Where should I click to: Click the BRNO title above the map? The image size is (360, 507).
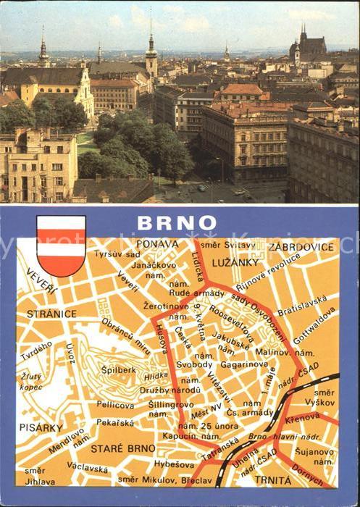click(185, 222)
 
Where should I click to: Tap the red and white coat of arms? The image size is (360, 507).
click(62, 246)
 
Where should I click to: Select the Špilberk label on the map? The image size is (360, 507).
click(118, 369)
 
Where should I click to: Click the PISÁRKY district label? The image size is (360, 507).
click(41, 427)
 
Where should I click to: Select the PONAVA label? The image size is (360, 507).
click(156, 244)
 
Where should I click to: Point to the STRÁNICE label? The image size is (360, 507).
click(51, 314)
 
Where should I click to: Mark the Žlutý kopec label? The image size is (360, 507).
click(31, 381)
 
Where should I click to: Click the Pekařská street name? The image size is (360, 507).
click(116, 421)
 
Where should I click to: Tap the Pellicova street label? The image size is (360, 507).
click(116, 404)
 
